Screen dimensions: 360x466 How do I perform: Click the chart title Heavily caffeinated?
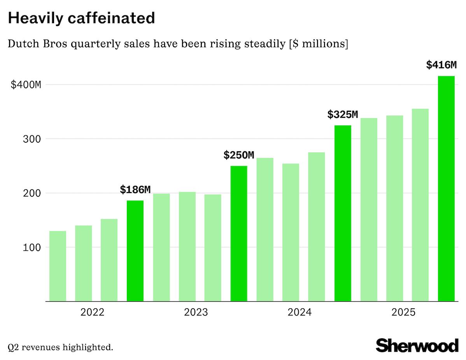(x=81, y=18)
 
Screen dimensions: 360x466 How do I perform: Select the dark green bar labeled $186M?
(x=135, y=251)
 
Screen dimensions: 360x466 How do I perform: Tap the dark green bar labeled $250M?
(x=239, y=233)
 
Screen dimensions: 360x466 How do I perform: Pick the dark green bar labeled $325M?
(x=343, y=213)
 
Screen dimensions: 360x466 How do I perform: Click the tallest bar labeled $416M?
(x=446, y=189)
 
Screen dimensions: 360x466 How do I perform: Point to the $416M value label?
(x=441, y=65)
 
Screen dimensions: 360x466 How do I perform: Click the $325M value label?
(x=342, y=115)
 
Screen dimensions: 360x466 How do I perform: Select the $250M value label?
(x=238, y=156)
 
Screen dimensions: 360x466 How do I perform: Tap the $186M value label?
(x=135, y=190)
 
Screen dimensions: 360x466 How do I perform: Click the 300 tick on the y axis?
(x=31, y=139)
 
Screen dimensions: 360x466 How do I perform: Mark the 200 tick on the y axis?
(x=31, y=193)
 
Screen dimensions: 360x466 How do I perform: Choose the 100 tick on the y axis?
(x=31, y=247)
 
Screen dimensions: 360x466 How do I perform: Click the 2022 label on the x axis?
(x=92, y=312)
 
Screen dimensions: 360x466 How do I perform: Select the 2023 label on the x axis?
(x=196, y=312)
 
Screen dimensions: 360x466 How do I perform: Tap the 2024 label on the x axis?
(x=300, y=312)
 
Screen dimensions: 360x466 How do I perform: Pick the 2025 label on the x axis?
(x=403, y=312)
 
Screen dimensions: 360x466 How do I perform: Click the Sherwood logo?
(x=417, y=345)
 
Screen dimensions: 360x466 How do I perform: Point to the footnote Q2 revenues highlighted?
(x=60, y=347)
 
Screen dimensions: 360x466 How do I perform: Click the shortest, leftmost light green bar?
(x=58, y=266)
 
